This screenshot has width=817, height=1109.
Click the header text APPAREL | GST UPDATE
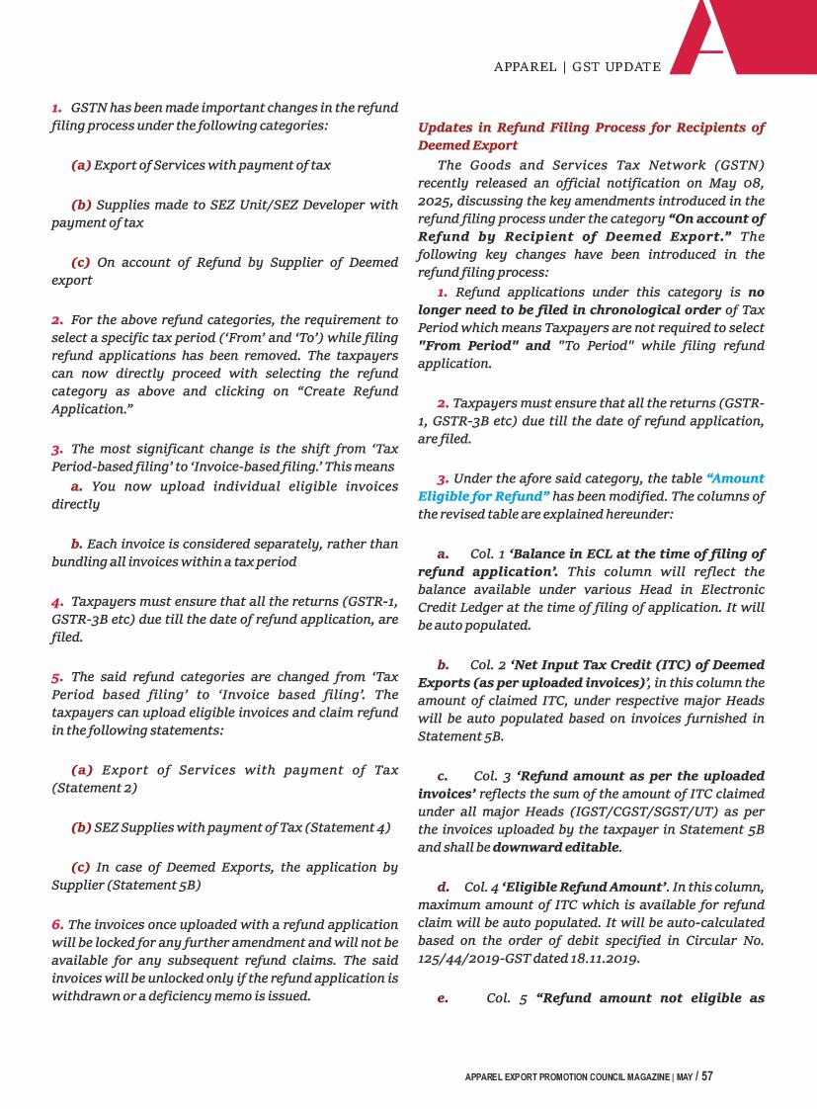point(577,67)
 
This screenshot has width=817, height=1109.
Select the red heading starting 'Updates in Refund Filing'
point(591,136)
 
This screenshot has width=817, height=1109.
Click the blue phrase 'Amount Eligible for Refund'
point(591,487)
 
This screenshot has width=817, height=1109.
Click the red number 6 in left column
point(57,923)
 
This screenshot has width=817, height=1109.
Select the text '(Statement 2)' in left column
point(94,787)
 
